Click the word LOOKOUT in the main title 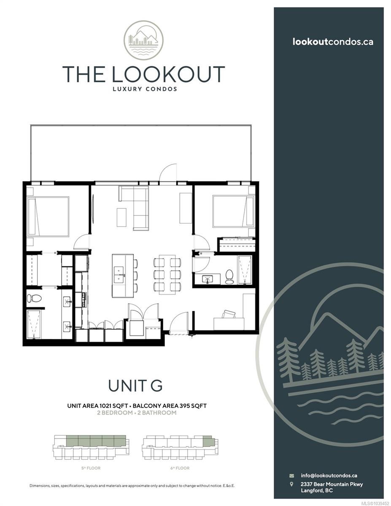169,74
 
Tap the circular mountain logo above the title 143,40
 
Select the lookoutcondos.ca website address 333,42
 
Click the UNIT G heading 135,385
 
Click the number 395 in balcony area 184,406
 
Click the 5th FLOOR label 91,468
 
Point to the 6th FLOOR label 180,468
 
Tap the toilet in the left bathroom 34,298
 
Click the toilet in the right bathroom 229,277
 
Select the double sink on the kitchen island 120,275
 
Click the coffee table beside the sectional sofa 121,217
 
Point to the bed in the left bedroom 48,217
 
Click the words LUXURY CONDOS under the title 145,89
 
